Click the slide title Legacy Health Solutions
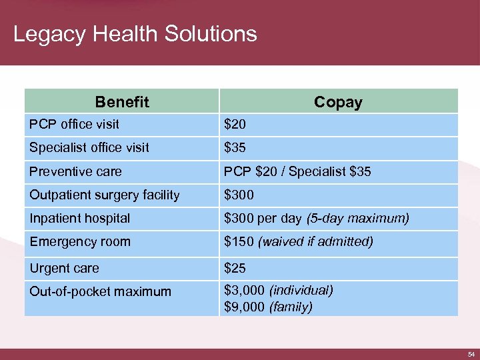tap(135, 34)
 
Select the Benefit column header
tap(122, 102)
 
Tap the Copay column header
tap(338, 102)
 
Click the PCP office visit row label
tap(75, 124)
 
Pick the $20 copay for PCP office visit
tap(235, 124)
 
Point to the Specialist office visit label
tap(89, 147)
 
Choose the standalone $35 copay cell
tap(235, 147)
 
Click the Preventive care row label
tap(75, 171)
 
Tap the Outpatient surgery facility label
tap(105, 195)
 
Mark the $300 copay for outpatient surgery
tap(239, 195)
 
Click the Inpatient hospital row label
tap(80, 218)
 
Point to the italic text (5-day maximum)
tap(357, 218)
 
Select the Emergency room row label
tap(80, 241)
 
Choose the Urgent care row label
tap(64, 268)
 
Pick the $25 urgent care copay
tap(235, 268)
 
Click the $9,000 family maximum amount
tap(245, 307)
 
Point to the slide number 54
tap(469, 353)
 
